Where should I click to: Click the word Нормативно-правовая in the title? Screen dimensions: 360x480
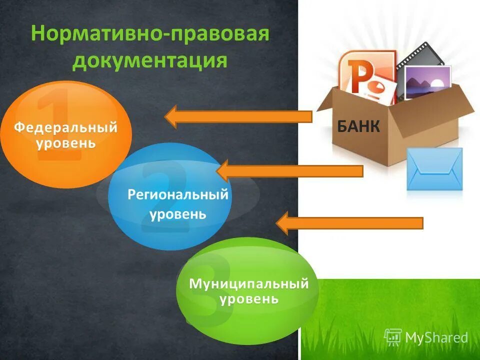(150, 34)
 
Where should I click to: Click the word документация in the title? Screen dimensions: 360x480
(150, 60)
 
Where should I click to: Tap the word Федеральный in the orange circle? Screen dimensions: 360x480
(65, 127)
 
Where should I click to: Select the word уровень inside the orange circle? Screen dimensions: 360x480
(65, 143)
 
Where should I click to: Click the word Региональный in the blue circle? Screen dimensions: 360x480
(178, 194)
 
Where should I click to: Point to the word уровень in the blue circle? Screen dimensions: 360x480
(178, 214)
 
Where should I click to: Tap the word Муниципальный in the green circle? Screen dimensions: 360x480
(248, 284)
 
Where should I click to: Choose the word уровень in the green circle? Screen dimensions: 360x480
(248, 299)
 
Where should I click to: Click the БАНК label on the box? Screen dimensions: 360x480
(358, 126)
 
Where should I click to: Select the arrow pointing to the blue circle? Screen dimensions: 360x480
(289, 171)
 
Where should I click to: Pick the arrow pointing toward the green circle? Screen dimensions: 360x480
(349, 223)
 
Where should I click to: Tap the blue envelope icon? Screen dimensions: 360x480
(434, 169)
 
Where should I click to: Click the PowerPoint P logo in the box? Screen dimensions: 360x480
(365, 75)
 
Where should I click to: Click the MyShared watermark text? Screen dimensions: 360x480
(436, 337)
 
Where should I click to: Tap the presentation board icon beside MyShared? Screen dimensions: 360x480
(393, 337)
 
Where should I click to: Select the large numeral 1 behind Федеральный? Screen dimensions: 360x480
(60, 125)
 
